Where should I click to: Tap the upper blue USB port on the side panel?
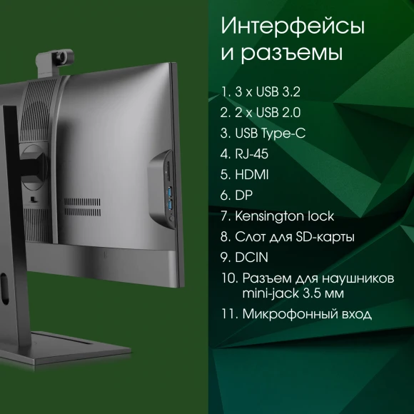pyautogui.click(x=169, y=191)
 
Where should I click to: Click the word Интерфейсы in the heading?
pyautogui.click(x=293, y=26)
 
